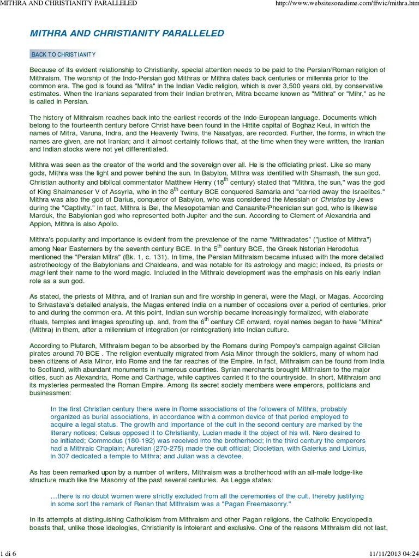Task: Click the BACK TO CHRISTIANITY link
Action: tap(63, 54)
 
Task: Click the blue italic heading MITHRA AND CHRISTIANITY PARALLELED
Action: tap(127, 33)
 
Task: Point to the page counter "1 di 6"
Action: tap(10, 553)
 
